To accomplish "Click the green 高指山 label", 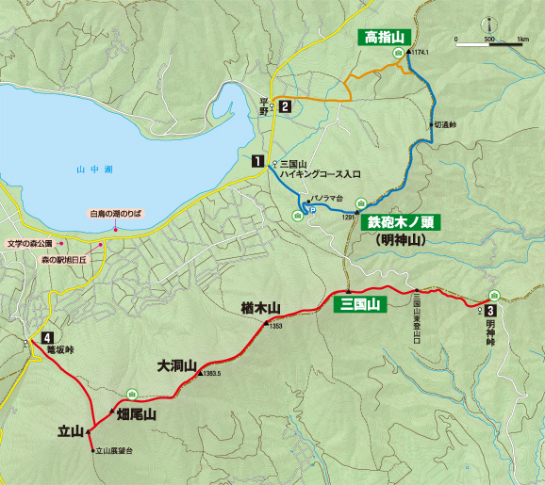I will [x=384, y=37].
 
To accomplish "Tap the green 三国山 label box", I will [x=359, y=303].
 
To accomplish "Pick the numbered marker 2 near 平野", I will [x=284, y=106].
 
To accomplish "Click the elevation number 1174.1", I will [x=420, y=52].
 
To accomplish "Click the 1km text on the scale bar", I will [x=521, y=40].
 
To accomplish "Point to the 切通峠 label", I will [x=444, y=124].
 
